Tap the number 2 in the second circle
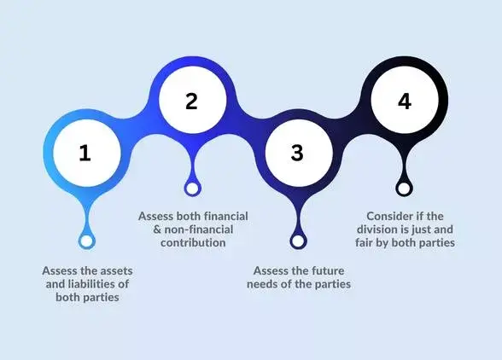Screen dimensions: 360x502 [191, 101]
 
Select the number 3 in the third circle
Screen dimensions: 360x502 [296, 154]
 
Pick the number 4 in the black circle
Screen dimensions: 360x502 [404, 101]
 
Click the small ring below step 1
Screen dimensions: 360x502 [85, 241]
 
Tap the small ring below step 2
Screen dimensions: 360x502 [192, 188]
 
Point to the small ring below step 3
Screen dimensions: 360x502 [298, 241]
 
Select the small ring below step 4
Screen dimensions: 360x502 [404, 188]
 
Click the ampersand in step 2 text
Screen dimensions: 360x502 [145, 229]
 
